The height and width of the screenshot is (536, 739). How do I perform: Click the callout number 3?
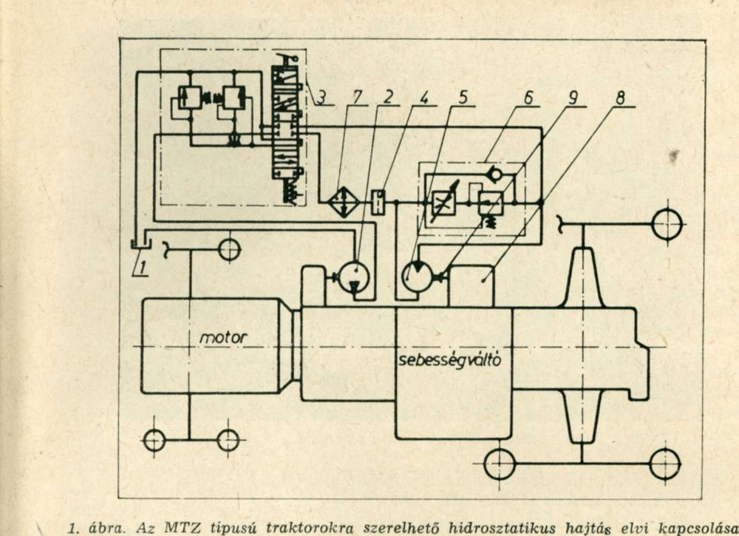pos(321,97)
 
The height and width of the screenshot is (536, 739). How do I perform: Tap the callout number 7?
pos(357,97)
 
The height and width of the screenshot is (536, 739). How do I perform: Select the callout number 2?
pos(388,97)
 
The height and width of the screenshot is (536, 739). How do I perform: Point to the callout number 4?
pos(425,97)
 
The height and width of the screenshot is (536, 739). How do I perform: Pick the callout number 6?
pos(528,98)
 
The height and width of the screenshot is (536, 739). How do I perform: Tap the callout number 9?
pos(573,98)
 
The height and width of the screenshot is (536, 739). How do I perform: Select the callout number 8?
pos(620,98)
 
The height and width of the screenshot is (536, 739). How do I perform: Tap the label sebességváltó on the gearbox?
pos(449,360)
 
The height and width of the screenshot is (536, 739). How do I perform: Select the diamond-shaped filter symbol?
pos(344,202)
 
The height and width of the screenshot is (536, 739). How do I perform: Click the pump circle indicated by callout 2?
pos(355,277)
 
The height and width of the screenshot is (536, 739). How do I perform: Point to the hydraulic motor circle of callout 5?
pos(418,277)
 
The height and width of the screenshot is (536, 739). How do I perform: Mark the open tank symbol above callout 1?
pos(140,244)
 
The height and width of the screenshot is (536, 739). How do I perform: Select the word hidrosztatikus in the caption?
pos(502,528)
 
